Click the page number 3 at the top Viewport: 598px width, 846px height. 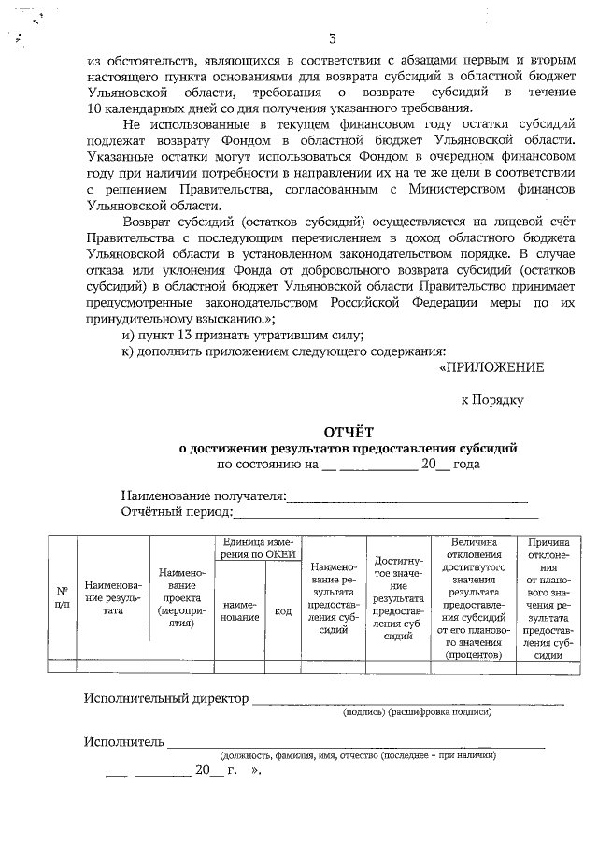click(x=332, y=37)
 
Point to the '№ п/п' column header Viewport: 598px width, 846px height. click(x=62, y=597)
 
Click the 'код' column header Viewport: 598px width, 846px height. click(x=282, y=610)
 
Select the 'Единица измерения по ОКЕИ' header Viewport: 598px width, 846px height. click(x=257, y=549)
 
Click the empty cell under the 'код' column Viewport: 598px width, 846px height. click(x=282, y=667)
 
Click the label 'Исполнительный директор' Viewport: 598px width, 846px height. click(x=166, y=698)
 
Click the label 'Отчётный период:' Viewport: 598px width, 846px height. click(x=176, y=512)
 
